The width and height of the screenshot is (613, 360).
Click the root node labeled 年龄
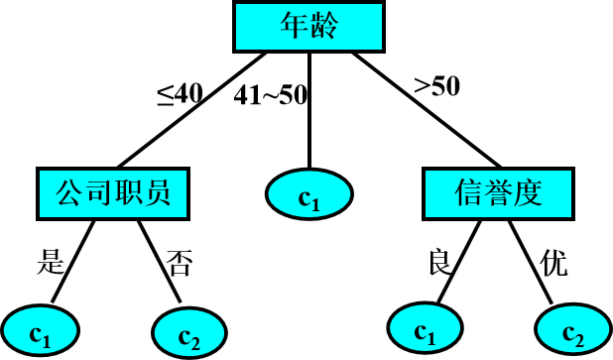coord(308,27)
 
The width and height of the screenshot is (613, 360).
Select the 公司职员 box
coord(113,193)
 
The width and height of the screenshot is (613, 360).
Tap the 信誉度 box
coord(499,193)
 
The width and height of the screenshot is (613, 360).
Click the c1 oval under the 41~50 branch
coord(309,194)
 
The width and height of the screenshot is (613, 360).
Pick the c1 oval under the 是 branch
coord(40,331)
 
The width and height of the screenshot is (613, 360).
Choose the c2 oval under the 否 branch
coord(189,333)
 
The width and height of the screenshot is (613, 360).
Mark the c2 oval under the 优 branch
coord(573,330)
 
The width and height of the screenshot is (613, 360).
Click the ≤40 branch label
coord(181,94)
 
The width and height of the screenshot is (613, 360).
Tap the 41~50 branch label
coord(271,95)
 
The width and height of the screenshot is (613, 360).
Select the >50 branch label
coord(436,86)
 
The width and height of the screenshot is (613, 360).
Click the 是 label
coord(51,262)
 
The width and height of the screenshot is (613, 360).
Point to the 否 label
coord(180,263)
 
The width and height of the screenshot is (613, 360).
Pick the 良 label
coord(439,262)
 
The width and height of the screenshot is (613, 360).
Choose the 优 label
coord(553,263)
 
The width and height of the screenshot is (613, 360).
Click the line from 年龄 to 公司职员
coord(191,110)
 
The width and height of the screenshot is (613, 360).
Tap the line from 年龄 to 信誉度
coord(427,110)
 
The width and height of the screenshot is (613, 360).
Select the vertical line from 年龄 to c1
coord(309,111)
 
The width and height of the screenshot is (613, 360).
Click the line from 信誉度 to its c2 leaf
coord(530,262)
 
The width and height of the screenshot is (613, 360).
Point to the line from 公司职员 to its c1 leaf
coord(73,262)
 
